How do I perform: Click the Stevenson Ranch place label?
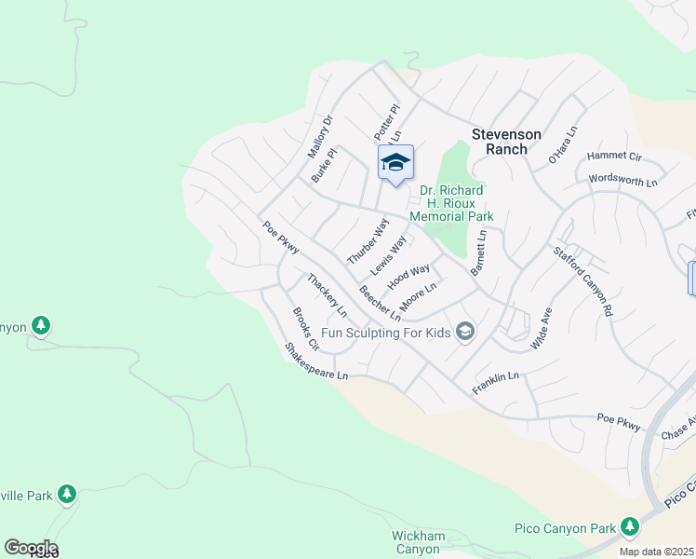coord(512,141)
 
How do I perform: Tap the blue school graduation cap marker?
coord(395,162)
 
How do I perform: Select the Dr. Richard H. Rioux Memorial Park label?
coord(456,203)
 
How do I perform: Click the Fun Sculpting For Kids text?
coord(385,333)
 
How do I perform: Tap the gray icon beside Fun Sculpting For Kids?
coord(466,333)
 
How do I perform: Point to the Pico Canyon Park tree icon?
coord(630,528)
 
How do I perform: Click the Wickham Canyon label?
coord(416,541)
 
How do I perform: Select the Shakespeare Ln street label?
coord(316,361)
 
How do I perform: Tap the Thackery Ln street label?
coord(327,294)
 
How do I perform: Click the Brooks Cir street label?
coord(306,329)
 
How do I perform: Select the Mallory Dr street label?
coord(320,136)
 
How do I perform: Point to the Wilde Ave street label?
coord(541,328)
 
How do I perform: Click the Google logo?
coord(31,548)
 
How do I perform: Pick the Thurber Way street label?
coord(367,240)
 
